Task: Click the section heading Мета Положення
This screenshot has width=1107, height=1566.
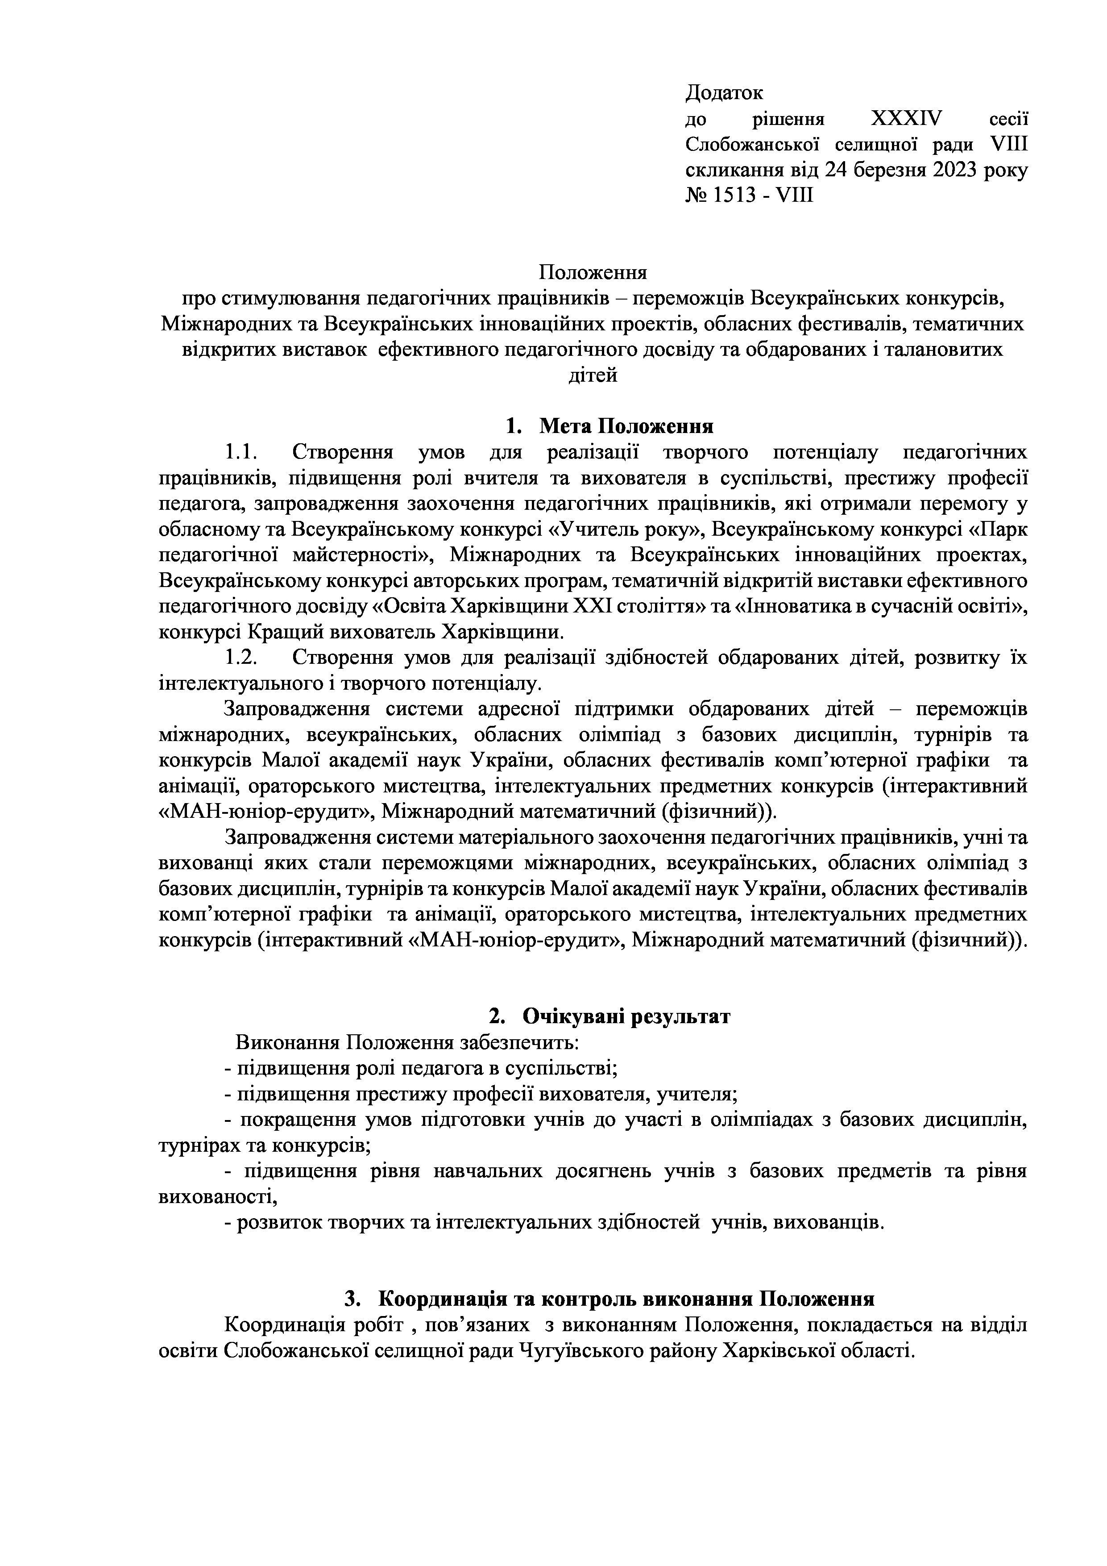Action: point(626,427)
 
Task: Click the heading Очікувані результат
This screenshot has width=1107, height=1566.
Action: point(626,1016)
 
